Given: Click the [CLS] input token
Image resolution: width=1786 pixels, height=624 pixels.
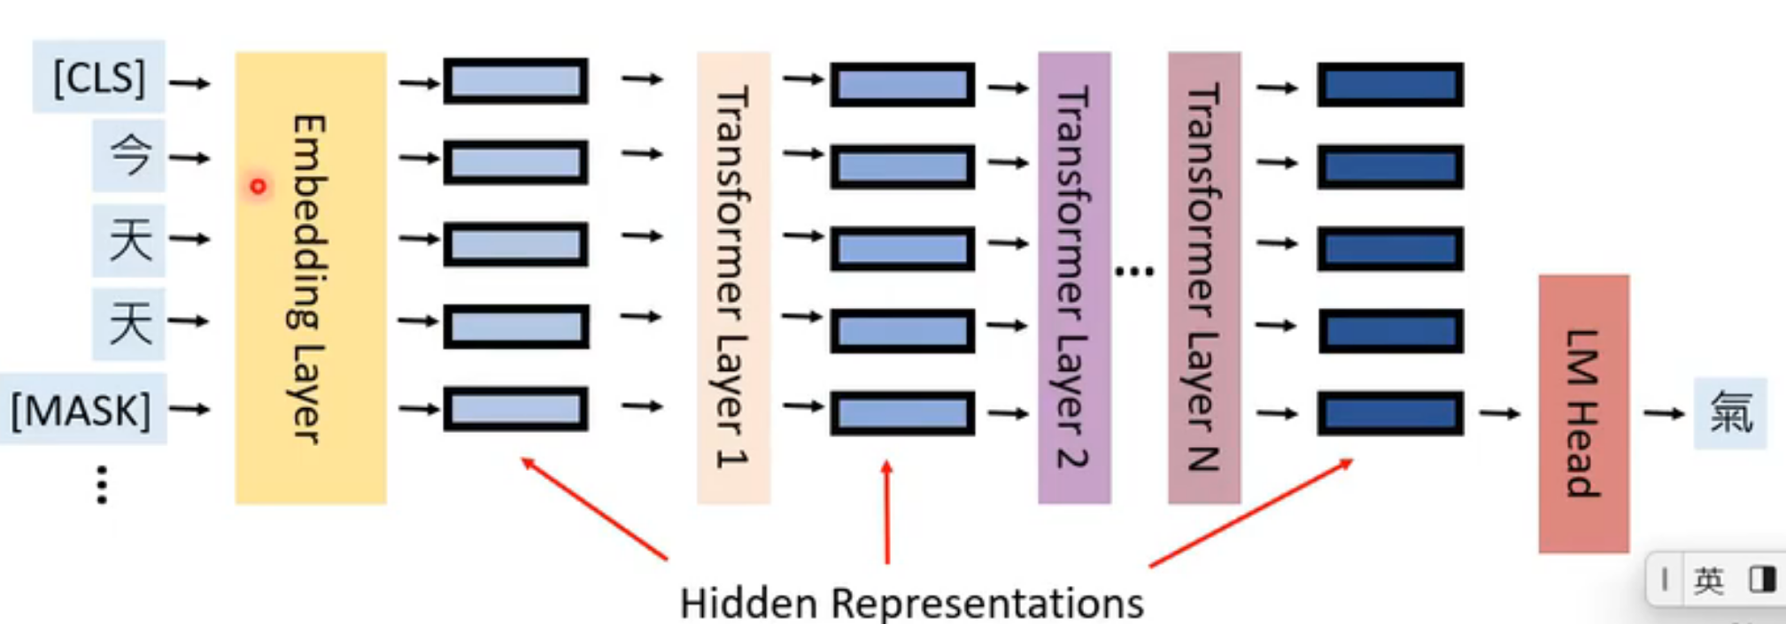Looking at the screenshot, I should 99,78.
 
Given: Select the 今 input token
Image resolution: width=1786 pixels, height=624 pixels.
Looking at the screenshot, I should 129,157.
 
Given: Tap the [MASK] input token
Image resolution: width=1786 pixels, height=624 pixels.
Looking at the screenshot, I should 81,411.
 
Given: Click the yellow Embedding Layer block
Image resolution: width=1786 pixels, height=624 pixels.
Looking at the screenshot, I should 310,277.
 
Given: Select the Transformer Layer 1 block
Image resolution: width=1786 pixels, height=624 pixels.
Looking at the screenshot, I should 733,277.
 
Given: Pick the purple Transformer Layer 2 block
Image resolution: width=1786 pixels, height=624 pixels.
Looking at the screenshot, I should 1073,277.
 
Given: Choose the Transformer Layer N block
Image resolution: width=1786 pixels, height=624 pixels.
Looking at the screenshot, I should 1203,277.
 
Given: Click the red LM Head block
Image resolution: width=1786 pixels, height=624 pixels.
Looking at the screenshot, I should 1583,413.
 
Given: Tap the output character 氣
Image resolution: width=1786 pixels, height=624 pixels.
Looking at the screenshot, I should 1730,413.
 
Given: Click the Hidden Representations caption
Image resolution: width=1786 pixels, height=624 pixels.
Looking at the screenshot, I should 911,604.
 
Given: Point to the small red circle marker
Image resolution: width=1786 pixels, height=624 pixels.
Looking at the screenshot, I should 258,187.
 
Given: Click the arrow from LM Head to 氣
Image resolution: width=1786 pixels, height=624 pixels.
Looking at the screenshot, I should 1664,413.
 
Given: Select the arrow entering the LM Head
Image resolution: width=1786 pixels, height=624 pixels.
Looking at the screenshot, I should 1500,413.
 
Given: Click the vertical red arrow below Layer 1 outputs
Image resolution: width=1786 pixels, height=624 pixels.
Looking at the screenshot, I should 887,512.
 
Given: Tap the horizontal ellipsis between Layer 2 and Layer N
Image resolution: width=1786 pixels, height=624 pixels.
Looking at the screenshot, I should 1134,271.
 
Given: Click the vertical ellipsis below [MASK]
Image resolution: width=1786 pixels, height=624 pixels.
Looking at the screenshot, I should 102,485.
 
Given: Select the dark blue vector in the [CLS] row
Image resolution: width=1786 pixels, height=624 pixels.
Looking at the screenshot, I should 1389,85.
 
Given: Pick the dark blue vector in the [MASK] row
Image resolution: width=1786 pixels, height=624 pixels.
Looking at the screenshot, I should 1389,413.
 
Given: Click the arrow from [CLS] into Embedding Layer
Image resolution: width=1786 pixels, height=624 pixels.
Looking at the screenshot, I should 189,83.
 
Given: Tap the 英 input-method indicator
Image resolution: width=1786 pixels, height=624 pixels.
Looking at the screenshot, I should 1708,581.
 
